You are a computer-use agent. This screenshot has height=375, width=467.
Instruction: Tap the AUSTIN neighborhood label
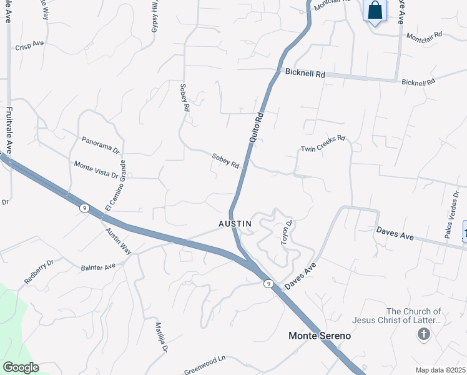coord(235,224)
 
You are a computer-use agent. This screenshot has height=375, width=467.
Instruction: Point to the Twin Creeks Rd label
coord(323,143)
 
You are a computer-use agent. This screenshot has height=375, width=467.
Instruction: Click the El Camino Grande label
coord(117,185)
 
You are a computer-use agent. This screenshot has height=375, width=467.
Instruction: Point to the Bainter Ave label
coord(98,267)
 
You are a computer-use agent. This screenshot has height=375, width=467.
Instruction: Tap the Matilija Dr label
coord(162,337)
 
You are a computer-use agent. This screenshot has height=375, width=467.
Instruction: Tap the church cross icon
coord(423,334)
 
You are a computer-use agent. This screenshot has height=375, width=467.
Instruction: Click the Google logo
coord(21,367)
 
